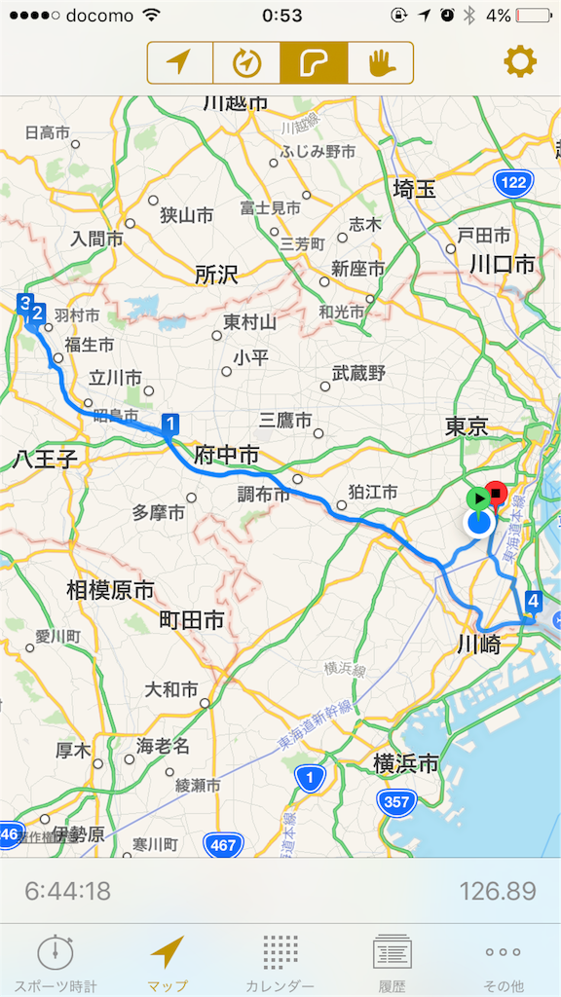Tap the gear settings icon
pyautogui.click(x=519, y=62)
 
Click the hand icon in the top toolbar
pyautogui.click(x=380, y=63)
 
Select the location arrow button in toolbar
pyautogui.click(x=180, y=63)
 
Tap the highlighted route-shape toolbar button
pyautogui.click(x=314, y=63)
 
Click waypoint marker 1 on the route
pyautogui.click(x=170, y=423)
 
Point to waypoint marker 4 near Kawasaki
pyautogui.click(x=532, y=601)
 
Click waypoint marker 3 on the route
pyautogui.click(x=25, y=302)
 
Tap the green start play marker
pyautogui.click(x=476, y=498)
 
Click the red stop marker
pyautogui.click(x=497, y=494)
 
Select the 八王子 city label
pyautogui.click(x=45, y=459)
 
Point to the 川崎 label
pyautogui.click(x=480, y=644)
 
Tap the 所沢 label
pyautogui.click(x=215, y=275)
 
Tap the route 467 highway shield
pyautogui.click(x=225, y=845)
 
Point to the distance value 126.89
pyautogui.click(x=498, y=890)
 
